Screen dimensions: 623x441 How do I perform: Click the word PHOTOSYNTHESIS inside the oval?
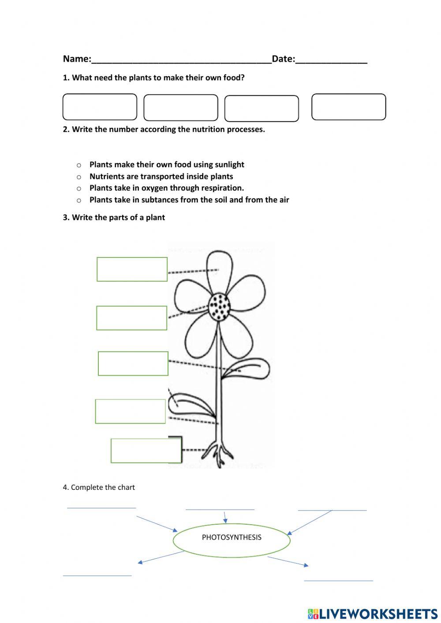[232, 537]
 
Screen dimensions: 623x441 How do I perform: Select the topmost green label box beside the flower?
[132, 269]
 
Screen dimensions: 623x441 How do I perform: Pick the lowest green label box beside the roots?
[146, 451]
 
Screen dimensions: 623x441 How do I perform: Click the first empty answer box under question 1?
[100, 107]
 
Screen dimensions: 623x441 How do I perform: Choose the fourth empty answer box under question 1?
[348, 107]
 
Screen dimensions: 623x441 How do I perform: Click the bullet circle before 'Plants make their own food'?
[79, 165]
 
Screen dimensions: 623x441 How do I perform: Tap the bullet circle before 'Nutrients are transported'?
[79, 177]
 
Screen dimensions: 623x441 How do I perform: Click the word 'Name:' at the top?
[77, 59]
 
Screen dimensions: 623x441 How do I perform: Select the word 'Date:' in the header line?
[283, 59]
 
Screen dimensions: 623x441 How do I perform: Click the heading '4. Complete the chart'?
[99, 487]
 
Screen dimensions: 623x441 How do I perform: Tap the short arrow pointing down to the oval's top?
[225, 517]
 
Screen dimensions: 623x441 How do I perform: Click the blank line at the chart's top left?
[101, 507]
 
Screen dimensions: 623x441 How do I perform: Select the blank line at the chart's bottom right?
[338, 580]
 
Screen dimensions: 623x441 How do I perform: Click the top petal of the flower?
[219, 269]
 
